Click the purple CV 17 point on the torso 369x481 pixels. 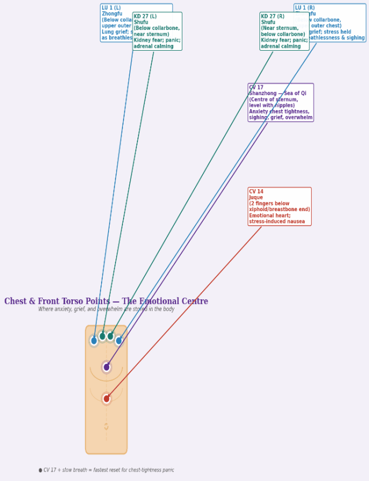106,367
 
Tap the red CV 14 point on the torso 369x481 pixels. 106,399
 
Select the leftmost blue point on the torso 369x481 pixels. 94,341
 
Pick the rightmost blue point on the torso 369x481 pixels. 119,341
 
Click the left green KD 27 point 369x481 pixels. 102,336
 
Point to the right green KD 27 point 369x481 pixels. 110,336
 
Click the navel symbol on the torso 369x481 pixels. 106,427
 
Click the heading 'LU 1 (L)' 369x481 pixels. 111,8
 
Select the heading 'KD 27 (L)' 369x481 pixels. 145,17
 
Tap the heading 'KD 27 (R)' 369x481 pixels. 273,17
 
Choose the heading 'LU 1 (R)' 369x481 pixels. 305,8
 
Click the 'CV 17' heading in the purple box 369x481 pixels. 256,88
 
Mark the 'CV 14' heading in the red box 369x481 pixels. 256,191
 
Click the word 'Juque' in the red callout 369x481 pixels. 256,198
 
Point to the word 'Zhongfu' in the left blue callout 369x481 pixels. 111,14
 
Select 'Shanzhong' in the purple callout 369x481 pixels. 264,93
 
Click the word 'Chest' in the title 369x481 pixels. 16,302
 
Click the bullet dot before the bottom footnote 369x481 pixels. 40,470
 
